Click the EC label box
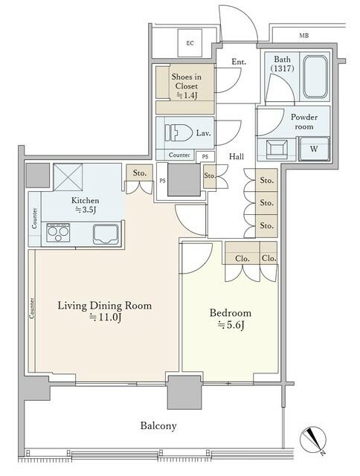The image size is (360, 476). (x=190, y=43)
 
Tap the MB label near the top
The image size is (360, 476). (x=304, y=36)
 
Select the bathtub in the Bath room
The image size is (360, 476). (x=315, y=77)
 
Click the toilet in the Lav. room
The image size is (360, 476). (x=179, y=132)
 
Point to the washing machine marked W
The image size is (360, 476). (x=314, y=149)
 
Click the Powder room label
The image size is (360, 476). (x=304, y=121)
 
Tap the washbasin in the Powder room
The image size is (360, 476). (x=277, y=149)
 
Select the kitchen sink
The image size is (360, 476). (x=106, y=234)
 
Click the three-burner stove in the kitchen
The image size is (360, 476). (x=58, y=233)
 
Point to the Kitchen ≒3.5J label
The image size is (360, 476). (x=86, y=205)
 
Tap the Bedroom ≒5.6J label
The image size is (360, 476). (x=231, y=319)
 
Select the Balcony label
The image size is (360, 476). (x=158, y=425)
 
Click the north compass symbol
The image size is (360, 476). (x=313, y=440)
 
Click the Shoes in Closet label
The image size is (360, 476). (x=187, y=86)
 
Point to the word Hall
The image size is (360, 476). (x=237, y=156)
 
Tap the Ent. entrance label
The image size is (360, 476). (x=239, y=62)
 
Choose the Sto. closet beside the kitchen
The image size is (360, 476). (x=140, y=173)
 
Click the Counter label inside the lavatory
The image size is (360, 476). (x=179, y=155)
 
